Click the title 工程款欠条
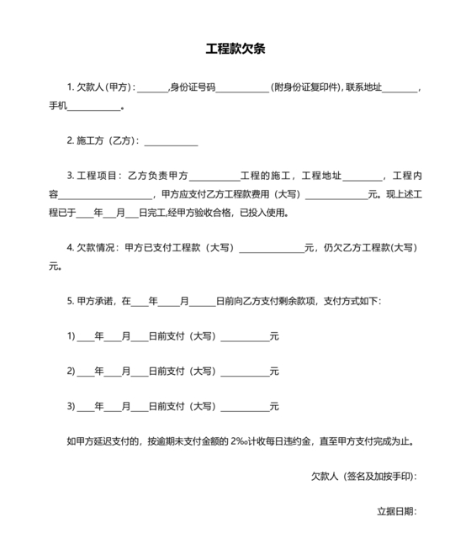pyautogui.click(x=235, y=49)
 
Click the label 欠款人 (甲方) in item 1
pyautogui.click(x=104, y=87)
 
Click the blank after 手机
pyautogui.click(x=99, y=108)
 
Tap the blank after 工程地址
pyautogui.click(x=362, y=177)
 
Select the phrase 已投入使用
pyautogui.click(x=263, y=213)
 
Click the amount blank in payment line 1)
pyautogui.click(x=244, y=337)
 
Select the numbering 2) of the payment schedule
pyautogui.click(x=71, y=371)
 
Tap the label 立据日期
pyautogui.click(x=396, y=510)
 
